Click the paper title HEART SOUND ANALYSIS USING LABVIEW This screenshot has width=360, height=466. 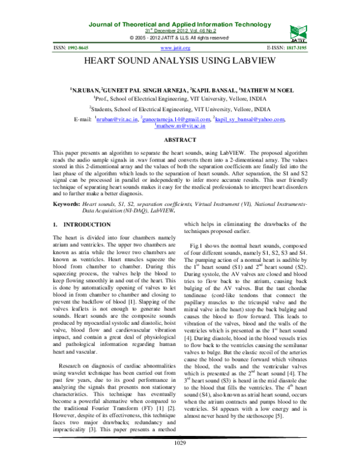[x=179, y=61]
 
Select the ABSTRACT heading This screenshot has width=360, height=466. [x=180, y=139]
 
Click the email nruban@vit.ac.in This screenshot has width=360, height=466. [x=116, y=120]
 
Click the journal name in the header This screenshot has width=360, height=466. [x=179, y=24]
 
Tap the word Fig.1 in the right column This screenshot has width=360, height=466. [x=198, y=246]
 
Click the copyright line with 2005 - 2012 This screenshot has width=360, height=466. [x=179, y=38]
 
